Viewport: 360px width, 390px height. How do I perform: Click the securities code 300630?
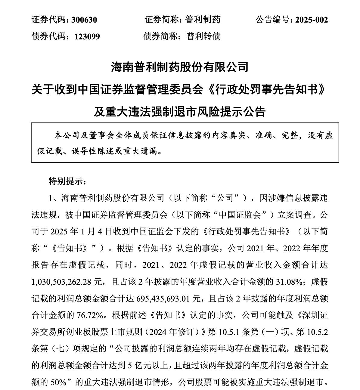(x=84, y=20)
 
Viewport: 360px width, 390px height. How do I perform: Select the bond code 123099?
(x=87, y=36)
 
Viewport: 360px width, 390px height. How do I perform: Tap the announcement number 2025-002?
(x=311, y=20)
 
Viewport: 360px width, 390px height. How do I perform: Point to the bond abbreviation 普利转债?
(x=203, y=36)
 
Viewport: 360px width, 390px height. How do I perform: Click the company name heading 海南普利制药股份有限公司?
(x=180, y=67)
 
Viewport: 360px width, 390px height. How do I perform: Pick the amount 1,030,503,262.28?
(x=61, y=282)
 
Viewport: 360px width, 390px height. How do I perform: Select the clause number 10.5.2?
(x=317, y=332)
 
